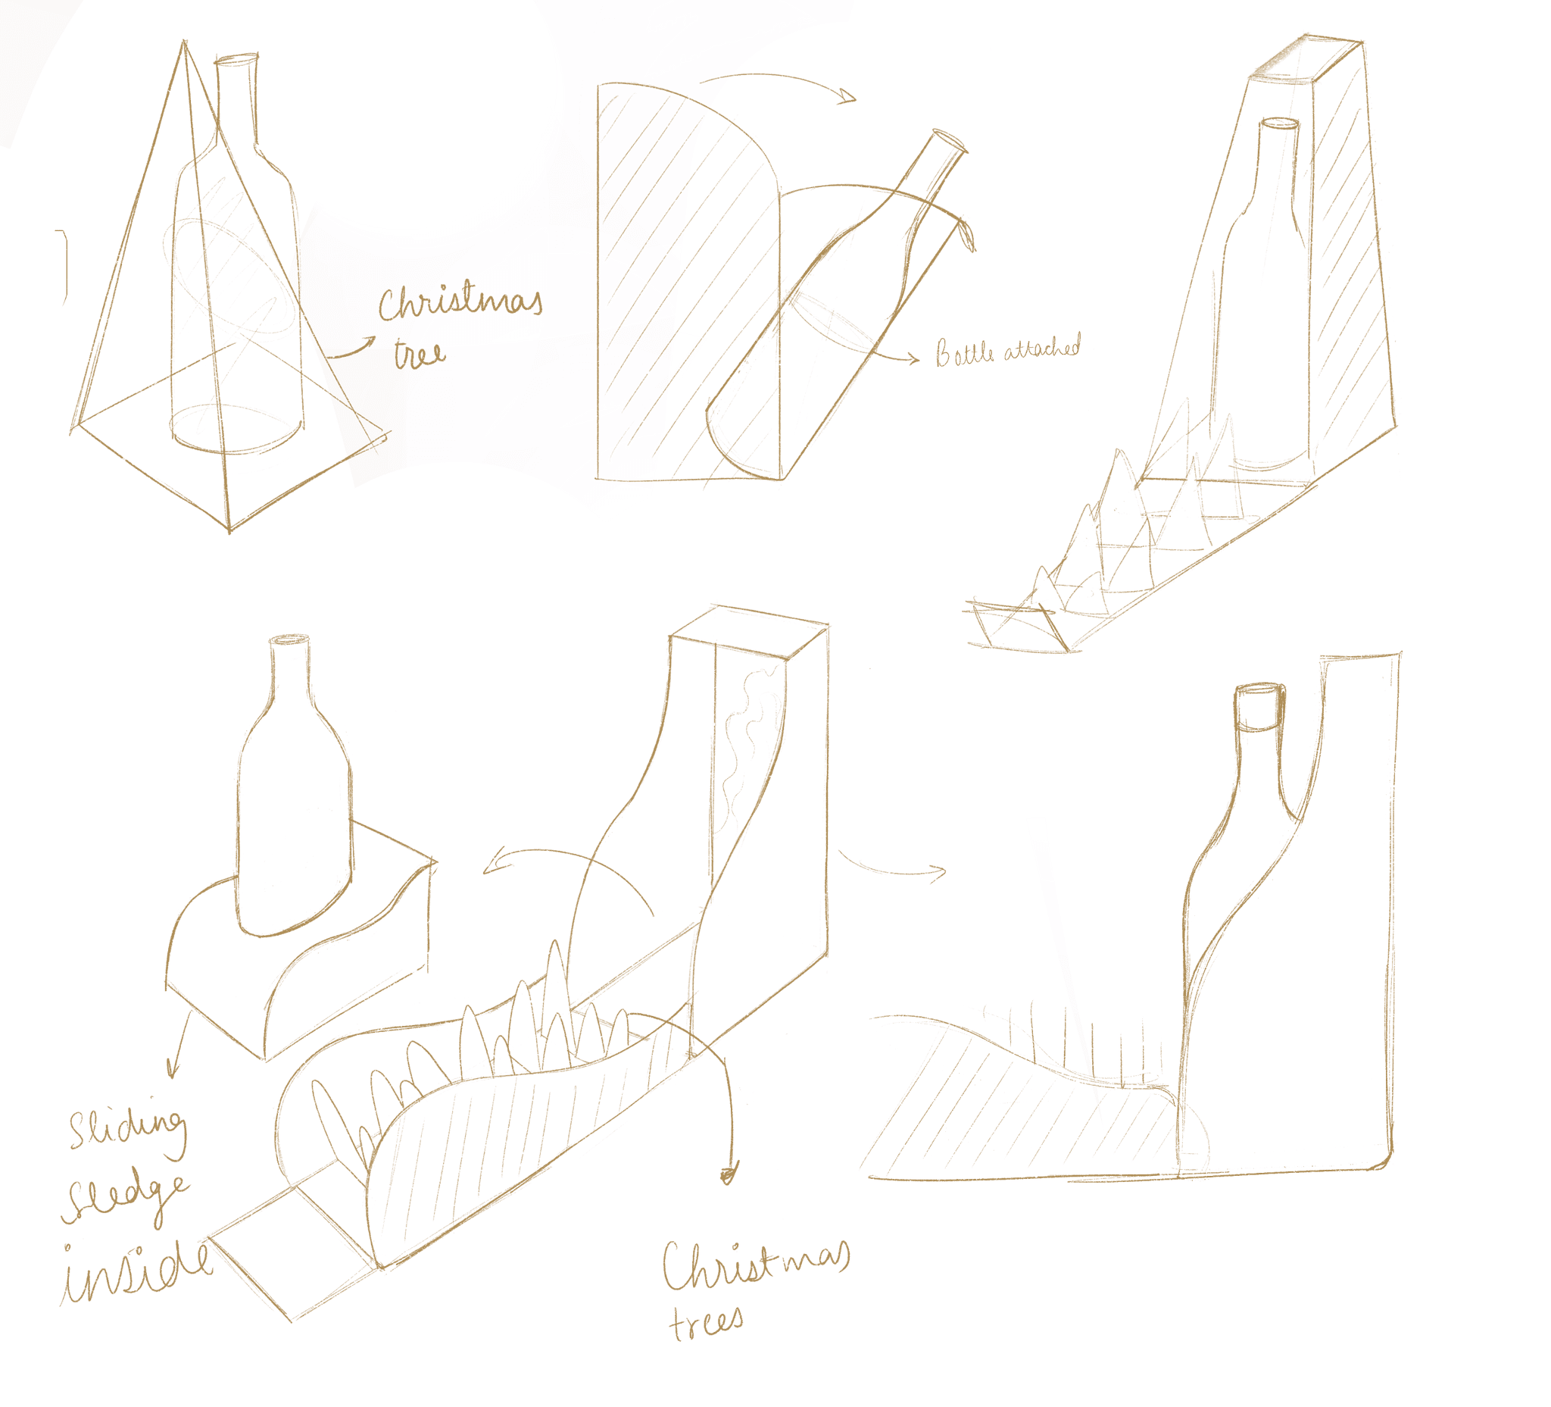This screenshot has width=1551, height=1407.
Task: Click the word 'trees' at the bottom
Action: click(x=706, y=1321)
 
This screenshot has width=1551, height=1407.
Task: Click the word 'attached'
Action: click(x=1038, y=348)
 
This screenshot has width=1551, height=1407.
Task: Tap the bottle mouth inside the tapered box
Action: click(x=1278, y=123)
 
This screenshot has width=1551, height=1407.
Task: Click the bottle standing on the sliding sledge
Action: click(x=294, y=793)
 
